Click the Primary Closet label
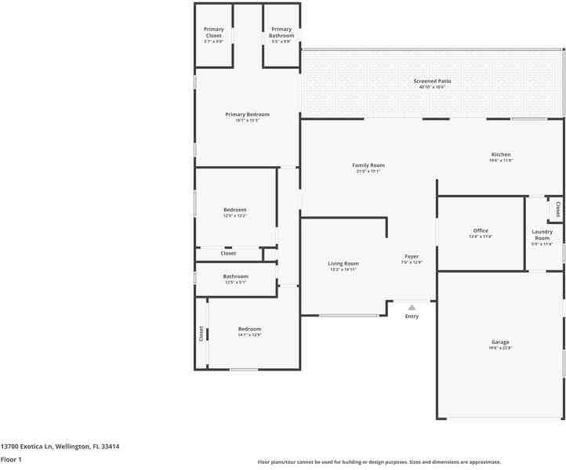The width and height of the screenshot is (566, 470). click(x=213, y=32)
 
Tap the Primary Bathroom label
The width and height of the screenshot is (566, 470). click(x=281, y=32)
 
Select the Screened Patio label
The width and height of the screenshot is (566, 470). click(x=432, y=81)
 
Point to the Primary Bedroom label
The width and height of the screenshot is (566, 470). click(x=247, y=114)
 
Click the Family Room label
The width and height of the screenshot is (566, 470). click(x=368, y=165)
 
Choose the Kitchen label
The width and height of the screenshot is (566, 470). click(x=500, y=154)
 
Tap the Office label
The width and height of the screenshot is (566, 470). click(x=481, y=230)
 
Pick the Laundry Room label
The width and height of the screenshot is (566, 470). click(x=542, y=234)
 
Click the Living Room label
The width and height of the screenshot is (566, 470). click(x=343, y=263)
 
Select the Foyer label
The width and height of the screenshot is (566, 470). click(x=412, y=256)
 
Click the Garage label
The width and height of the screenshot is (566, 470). click(x=500, y=342)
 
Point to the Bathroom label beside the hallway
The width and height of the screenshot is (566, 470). click(x=235, y=276)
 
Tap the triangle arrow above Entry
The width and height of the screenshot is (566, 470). click(x=412, y=307)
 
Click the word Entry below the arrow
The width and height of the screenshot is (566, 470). click(x=412, y=316)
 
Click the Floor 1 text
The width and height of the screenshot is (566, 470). click(x=11, y=460)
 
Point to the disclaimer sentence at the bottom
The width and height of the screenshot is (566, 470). click(x=379, y=462)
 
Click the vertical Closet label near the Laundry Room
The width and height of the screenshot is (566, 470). click(x=557, y=209)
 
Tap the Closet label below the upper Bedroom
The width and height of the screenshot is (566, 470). click(x=228, y=253)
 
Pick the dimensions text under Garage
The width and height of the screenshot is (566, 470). click(x=500, y=348)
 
